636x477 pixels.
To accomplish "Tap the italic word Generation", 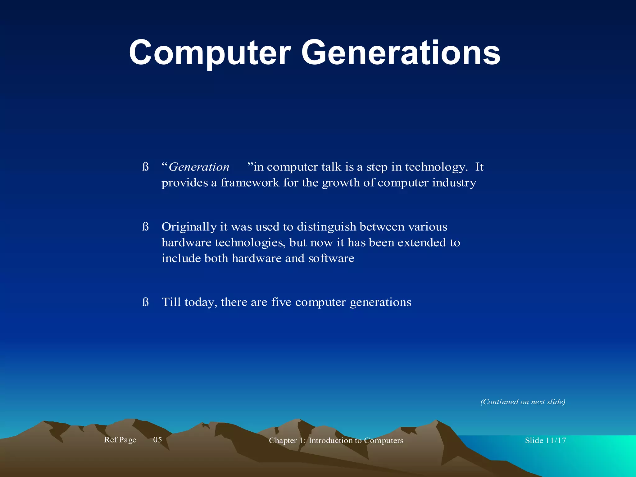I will tap(199, 167).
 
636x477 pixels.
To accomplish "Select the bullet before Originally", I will tap(145, 227).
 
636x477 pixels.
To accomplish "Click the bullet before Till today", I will tap(145, 302).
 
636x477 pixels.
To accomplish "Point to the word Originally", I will tap(189, 227).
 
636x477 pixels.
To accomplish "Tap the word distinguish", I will tap(326, 227).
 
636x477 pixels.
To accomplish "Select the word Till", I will tap(171, 302).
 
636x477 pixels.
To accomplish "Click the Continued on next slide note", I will tap(523, 402).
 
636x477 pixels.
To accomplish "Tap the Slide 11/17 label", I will tap(545, 440).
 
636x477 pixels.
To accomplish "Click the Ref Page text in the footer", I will tap(120, 440).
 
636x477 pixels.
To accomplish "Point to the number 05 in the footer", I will tap(157, 440).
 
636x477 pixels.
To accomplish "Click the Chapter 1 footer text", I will tap(336, 440).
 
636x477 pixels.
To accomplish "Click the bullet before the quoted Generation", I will tap(145, 167).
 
